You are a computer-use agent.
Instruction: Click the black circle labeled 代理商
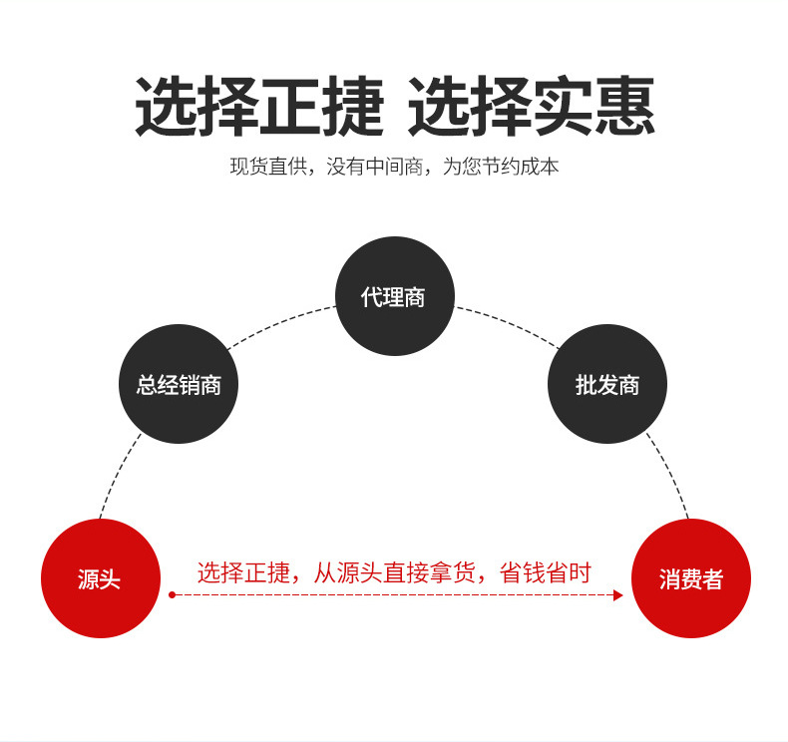(x=394, y=296)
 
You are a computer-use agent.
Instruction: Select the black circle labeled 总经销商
(x=179, y=384)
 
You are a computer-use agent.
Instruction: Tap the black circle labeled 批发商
(x=606, y=384)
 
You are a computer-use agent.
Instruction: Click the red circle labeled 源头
(x=100, y=578)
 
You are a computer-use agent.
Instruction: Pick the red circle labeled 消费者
(x=690, y=578)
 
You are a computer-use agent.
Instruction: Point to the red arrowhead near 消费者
(x=617, y=595)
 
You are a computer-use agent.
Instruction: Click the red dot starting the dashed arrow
(x=172, y=595)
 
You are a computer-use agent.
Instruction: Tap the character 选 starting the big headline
(x=166, y=108)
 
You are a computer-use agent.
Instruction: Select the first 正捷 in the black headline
(x=321, y=108)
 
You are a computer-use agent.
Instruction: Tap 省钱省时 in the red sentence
(x=545, y=573)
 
